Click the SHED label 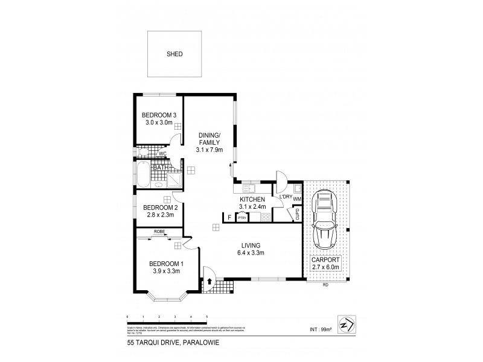[174, 54]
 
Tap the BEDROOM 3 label [158, 115]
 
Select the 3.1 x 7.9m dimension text [210, 150]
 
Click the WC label [162, 154]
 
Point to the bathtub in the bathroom [142, 174]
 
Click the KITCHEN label [252, 199]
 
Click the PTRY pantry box [242, 218]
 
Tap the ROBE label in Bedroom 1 [159, 231]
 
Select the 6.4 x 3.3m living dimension [250, 253]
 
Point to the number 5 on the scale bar [206, 316]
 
